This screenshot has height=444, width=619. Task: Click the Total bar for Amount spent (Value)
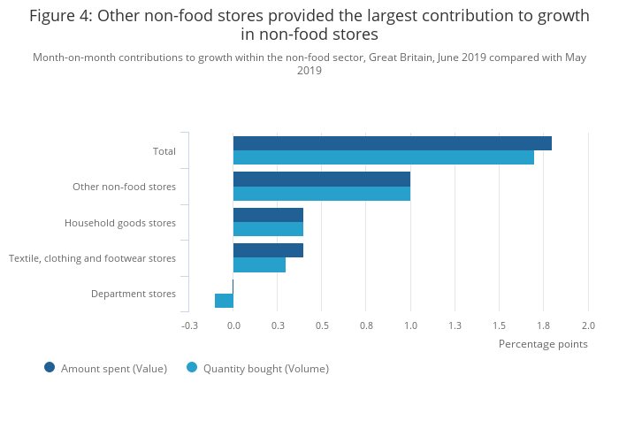[x=392, y=143]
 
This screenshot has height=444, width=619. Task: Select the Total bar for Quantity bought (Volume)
[x=383, y=157]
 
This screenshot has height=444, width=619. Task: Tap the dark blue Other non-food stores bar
[x=321, y=179]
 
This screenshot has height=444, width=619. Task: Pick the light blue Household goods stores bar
[x=268, y=229]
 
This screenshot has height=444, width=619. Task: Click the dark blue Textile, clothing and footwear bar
[x=268, y=250]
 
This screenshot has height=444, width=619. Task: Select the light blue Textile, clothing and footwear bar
[x=259, y=264]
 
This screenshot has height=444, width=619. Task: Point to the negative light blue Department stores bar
[x=224, y=301]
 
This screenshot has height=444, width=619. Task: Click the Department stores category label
[x=134, y=294]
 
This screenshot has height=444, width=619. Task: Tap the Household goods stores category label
[x=120, y=223]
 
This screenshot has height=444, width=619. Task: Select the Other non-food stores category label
[x=125, y=187]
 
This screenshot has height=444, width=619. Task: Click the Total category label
[x=164, y=151]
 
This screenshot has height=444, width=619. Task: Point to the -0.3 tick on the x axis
[x=189, y=325]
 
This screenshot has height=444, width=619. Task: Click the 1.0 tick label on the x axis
[x=410, y=325]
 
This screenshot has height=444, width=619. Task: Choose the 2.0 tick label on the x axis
[x=588, y=325]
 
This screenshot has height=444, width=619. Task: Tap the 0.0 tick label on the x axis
[x=233, y=325]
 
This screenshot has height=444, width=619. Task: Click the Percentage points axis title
[x=543, y=344]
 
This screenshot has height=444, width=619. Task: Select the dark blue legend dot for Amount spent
[x=50, y=368]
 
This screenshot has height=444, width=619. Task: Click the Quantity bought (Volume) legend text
[x=265, y=369]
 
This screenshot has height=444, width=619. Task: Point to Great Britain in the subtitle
[x=424, y=58]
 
